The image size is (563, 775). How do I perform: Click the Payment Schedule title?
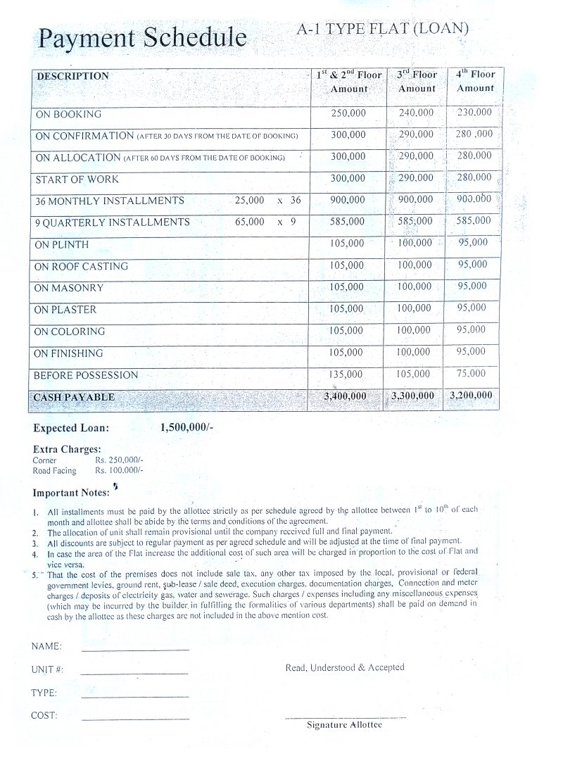tap(143, 39)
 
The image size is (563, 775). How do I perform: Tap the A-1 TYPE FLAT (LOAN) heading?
tap(384, 29)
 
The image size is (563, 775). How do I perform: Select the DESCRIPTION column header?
tap(72, 76)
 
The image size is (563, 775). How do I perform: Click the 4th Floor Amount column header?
tap(475, 81)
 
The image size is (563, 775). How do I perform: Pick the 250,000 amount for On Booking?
tap(348, 113)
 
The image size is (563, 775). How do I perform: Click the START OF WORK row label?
tap(77, 179)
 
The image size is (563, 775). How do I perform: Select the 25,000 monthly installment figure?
tap(250, 201)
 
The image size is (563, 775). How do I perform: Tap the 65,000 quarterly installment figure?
tap(250, 222)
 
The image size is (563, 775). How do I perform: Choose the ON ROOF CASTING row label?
tap(81, 266)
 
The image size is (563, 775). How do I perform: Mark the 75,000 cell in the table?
tap(472, 374)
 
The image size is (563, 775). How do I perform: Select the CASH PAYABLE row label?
tap(74, 397)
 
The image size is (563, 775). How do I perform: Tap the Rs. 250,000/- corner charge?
tap(119, 460)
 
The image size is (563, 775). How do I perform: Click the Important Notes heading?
tap(71, 493)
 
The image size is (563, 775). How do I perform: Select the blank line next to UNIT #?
tap(134, 673)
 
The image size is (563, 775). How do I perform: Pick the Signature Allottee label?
tap(344, 725)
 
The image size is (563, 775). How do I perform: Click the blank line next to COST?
tap(135, 719)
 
